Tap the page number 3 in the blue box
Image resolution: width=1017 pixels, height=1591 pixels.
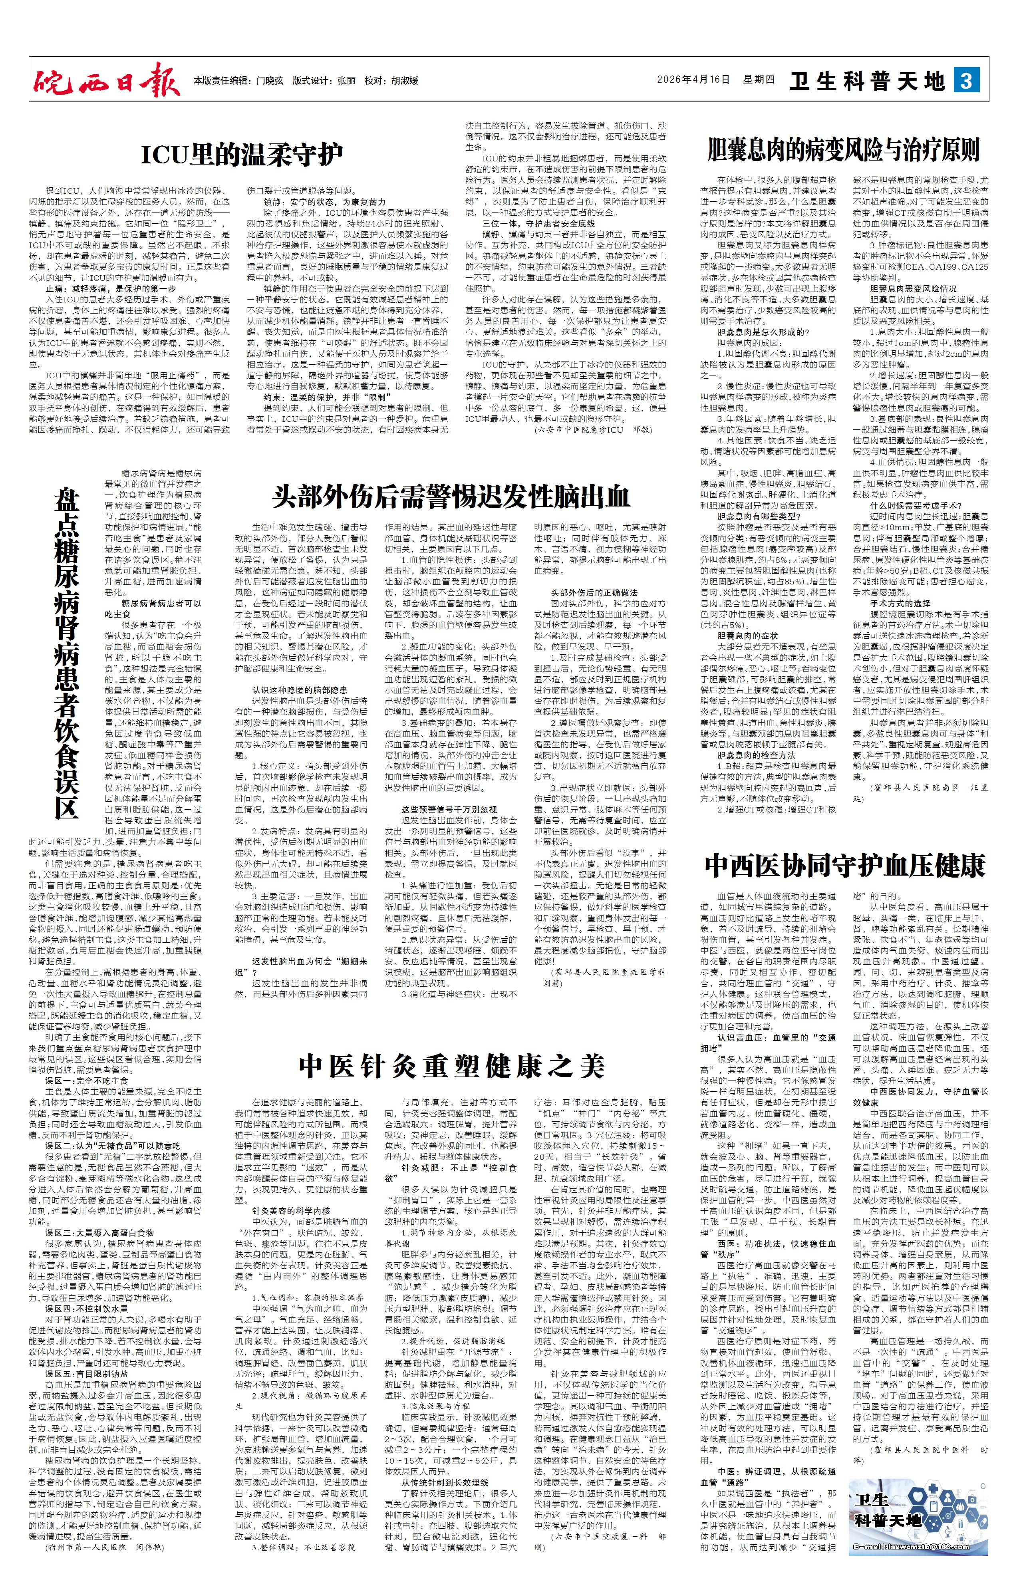[x=966, y=81]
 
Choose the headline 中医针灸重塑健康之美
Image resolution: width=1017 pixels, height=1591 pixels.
[x=451, y=1065]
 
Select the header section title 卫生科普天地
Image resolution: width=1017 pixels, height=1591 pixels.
[x=868, y=81]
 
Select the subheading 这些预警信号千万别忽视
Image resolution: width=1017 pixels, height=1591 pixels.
[x=449, y=809]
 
